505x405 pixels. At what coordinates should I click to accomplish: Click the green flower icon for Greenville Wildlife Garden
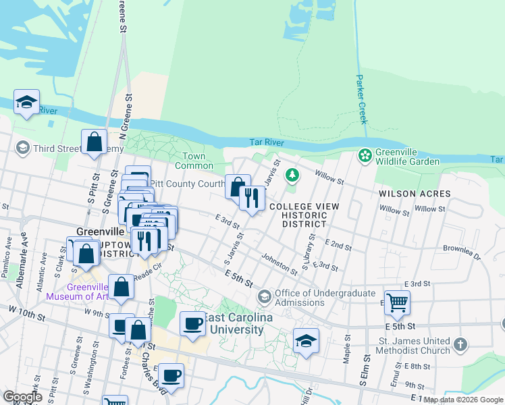[365, 156]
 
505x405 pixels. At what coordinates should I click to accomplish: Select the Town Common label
[194, 161]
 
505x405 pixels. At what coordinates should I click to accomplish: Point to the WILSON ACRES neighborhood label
[414, 194]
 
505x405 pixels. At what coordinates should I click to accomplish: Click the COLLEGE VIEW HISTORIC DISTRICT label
[304, 215]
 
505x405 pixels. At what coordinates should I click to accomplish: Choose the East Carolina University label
[236, 323]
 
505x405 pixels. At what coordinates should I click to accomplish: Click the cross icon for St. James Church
[460, 345]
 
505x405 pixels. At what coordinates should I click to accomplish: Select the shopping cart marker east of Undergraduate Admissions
[398, 303]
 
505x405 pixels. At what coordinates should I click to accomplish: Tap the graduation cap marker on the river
[26, 103]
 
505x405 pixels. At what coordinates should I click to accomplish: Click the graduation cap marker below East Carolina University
[306, 342]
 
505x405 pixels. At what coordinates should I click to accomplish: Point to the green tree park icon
[292, 176]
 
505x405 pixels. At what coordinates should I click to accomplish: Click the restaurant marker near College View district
[252, 198]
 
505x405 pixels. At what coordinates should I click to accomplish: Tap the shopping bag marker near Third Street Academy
[94, 142]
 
